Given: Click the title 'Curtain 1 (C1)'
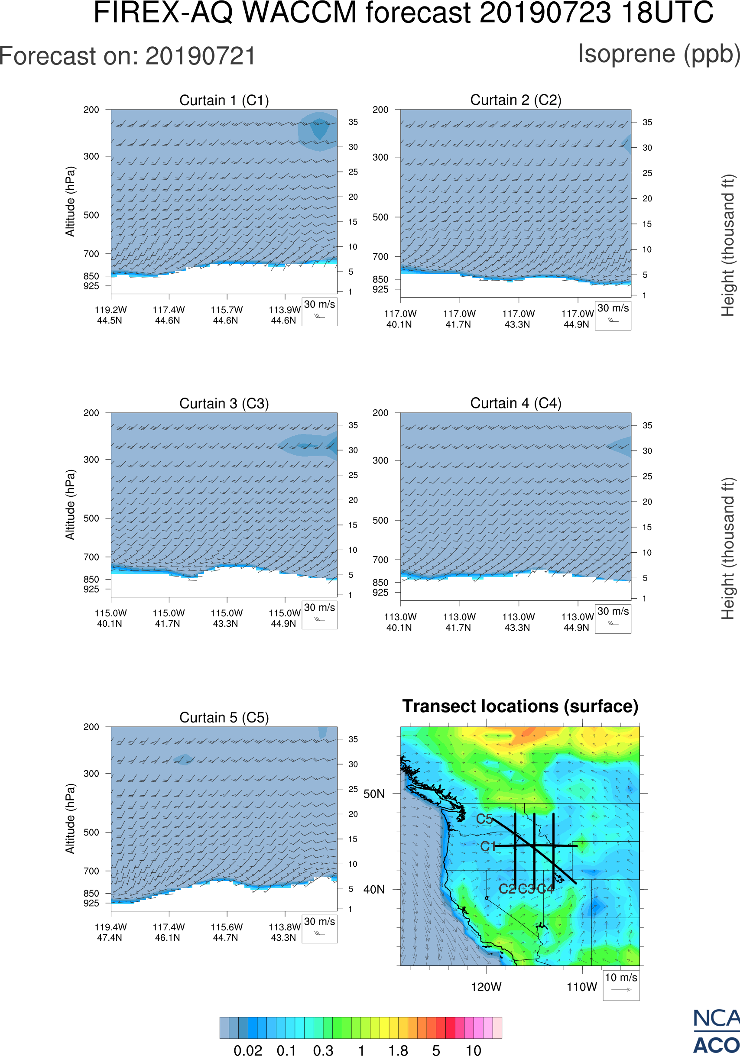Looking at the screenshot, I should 224,100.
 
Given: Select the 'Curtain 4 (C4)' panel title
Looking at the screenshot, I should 516,403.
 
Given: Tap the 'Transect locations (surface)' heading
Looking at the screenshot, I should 520,706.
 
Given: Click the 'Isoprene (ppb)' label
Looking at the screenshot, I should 659,54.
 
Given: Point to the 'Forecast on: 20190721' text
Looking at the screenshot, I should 127,56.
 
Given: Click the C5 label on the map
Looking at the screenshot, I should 484,819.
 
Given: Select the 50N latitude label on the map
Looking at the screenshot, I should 374,794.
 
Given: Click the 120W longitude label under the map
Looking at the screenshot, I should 486,987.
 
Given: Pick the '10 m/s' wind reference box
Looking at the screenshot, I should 621,984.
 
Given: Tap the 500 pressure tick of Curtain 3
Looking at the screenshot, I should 91,518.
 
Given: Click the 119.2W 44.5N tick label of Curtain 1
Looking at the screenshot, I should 110,315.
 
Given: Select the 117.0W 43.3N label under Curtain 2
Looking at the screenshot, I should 518,319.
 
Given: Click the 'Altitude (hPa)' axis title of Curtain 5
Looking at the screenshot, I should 70,819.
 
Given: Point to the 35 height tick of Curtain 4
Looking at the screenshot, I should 647,425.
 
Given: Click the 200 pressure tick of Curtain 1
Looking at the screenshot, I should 91,110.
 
